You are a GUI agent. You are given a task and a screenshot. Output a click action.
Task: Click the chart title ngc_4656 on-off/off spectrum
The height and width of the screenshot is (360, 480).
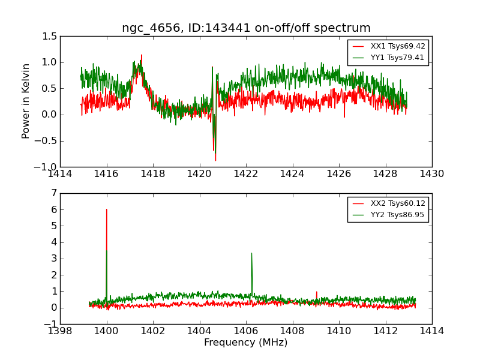pyautogui.click(x=246, y=28)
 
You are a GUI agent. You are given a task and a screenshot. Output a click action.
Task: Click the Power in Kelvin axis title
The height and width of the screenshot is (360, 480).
pyautogui.click(x=26, y=101)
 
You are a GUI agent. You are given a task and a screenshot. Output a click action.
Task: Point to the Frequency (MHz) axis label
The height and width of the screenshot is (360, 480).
pyautogui.click(x=245, y=343)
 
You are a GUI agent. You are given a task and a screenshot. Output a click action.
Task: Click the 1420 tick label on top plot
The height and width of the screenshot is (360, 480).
pyautogui.click(x=199, y=174)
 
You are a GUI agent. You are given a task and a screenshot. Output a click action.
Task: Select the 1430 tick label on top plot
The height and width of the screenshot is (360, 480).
pyautogui.click(x=431, y=174)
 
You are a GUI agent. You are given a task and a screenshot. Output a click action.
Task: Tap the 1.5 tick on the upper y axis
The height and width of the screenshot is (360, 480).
pyautogui.click(x=50, y=37)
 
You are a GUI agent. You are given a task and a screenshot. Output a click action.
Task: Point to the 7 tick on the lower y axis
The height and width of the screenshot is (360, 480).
pyautogui.click(x=54, y=193)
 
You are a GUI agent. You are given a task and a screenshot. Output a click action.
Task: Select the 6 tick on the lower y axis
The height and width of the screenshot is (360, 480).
pyautogui.click(x=54, y=209)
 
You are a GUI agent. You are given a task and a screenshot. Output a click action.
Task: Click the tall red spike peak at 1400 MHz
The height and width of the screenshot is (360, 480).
pyautogui.click(x=107, y=209)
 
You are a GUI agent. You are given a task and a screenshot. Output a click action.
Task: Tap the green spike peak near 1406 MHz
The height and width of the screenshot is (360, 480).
pyautogui.click(x=251, y=253)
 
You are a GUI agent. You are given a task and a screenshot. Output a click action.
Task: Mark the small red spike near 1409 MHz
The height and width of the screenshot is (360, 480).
pyautogui.click(x=317, y=292)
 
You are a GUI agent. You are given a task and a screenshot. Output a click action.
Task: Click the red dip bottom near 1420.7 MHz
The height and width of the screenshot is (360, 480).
pyautogui.click(x=215, y=160)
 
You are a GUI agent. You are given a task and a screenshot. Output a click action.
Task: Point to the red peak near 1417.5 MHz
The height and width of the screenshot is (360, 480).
pyautogui.click(x=142, y=55)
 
